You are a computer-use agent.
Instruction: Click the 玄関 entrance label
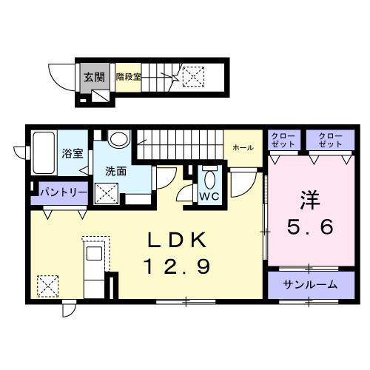point(92,77)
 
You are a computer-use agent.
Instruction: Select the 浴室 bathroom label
point(72,155)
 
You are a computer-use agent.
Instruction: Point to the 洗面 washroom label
point(115,170)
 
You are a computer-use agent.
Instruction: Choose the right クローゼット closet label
point(326,138)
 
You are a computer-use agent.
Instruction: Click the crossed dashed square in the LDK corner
point(47,285)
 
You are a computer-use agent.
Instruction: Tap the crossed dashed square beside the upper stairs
point(193,76)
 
